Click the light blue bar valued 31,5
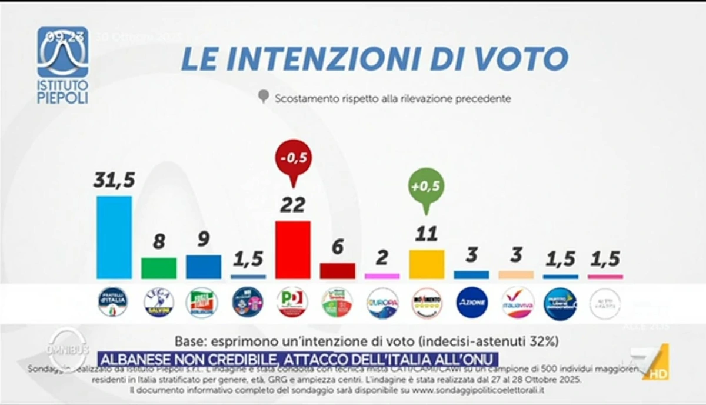114,237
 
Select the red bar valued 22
292,249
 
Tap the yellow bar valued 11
427,264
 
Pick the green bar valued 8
159,268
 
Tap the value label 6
337,248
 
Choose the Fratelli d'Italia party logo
114,303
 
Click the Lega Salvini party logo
159,303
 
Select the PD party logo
292,303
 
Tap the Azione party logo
472,303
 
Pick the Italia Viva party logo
517,303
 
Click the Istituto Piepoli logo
62,65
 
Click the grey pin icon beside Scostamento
264,97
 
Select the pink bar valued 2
382,275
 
